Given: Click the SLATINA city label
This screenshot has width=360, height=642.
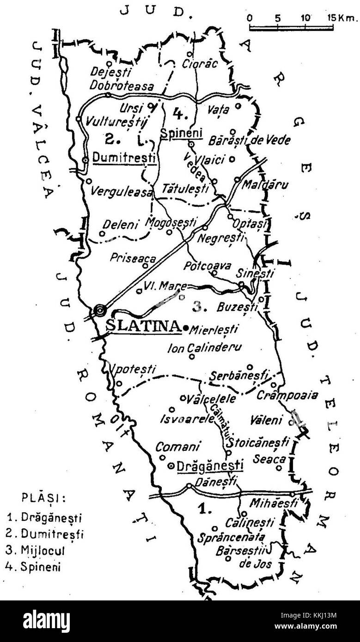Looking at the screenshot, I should [142, 326].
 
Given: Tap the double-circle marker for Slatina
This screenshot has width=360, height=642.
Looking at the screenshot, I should [99, 310].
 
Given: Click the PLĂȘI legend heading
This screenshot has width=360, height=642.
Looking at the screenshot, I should [43, 498].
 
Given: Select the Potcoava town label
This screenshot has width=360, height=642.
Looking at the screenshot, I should [203, 266].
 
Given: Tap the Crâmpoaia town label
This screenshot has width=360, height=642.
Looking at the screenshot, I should [294, 395].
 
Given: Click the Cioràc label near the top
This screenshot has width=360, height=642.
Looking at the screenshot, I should [199, 64].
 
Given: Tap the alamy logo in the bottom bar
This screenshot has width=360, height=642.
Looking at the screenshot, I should [46, 621].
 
